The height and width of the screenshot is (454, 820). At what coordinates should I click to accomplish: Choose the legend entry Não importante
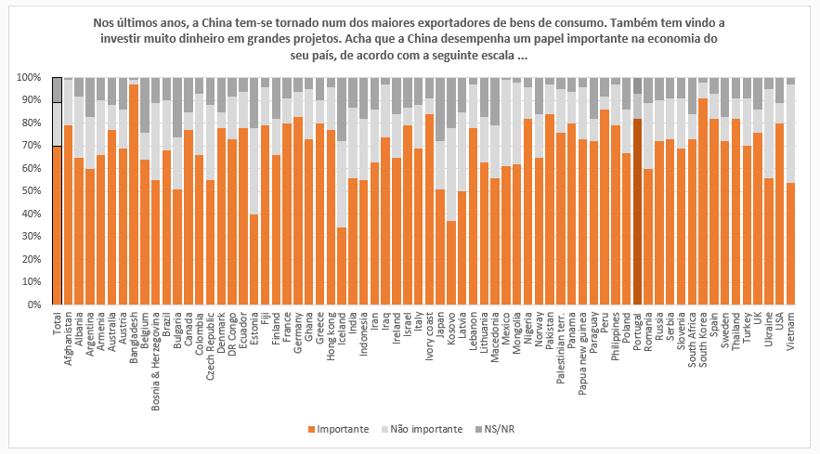coord(423,430)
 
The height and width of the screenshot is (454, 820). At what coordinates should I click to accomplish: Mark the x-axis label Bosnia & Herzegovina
coord(156,357)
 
